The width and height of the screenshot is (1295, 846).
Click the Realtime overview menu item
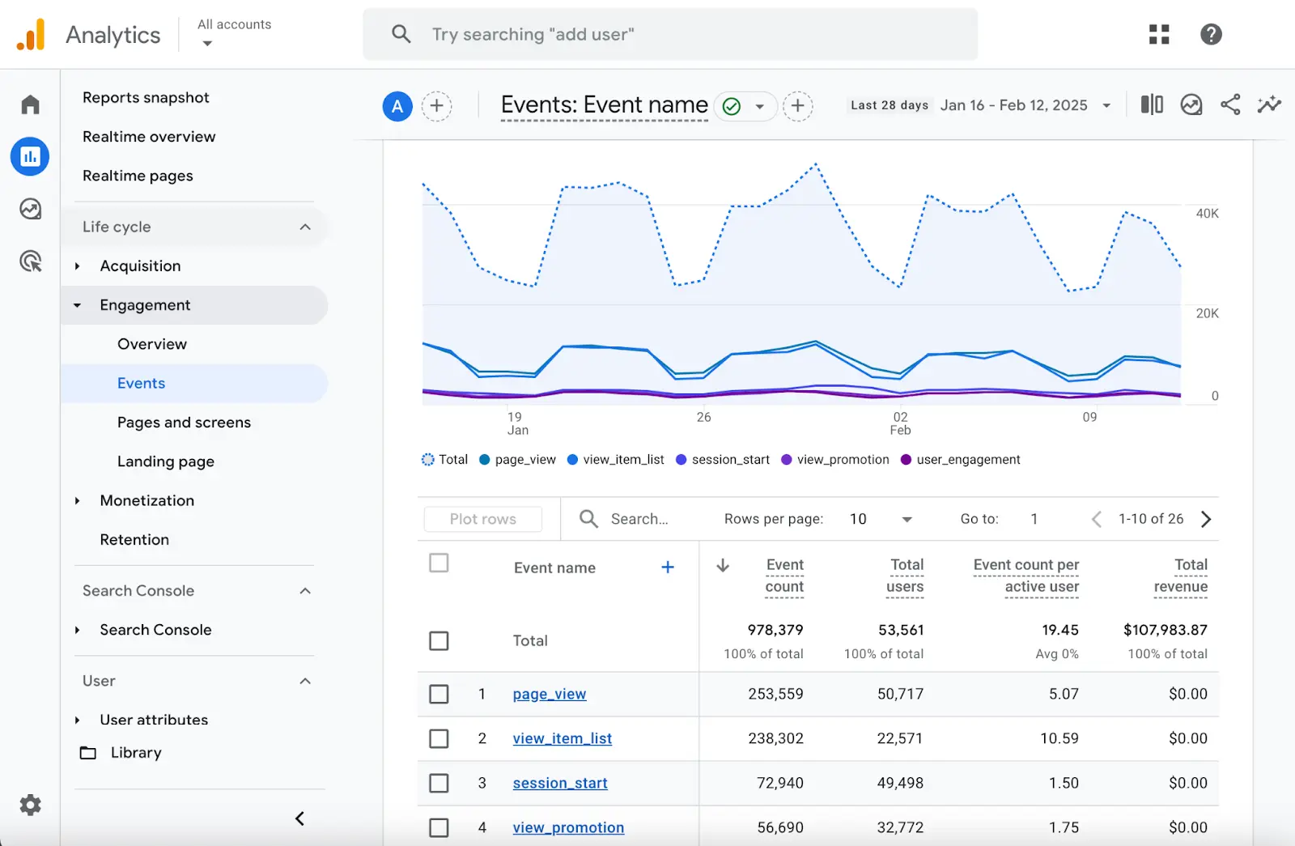point(149,137)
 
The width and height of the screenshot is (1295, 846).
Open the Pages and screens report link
point(184,423)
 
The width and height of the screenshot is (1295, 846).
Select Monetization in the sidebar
point(146,500)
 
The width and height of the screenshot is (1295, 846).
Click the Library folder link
point(135,753)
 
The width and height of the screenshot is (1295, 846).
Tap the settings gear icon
point(30,805)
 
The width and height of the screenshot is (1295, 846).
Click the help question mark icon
point(1211,34)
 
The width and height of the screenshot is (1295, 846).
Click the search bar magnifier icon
point(401,34)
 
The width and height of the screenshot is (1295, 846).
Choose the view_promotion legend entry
point(842,460)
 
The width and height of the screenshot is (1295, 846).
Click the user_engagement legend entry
point(967,460)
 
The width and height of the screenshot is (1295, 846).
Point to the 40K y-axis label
point(1207,214)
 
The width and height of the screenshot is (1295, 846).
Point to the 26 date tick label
point(703,417)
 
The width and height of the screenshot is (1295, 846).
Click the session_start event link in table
point(559,783)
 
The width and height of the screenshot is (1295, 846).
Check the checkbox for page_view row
point(439,694)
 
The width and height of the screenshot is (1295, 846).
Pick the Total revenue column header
point(1181,576)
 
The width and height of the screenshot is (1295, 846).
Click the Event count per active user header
point(1026,576)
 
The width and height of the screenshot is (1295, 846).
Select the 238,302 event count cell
point(775,738)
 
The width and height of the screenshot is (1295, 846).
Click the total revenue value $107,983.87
point(1165,630)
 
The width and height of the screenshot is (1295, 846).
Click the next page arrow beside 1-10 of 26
point(1206,519)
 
